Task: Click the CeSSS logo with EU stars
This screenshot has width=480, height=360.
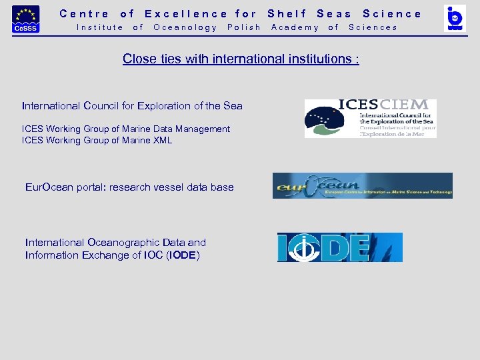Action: click(26, 19)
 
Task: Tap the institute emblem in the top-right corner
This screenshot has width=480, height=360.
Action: click(455, 18)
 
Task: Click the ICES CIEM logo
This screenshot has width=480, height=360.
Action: click(370, 119)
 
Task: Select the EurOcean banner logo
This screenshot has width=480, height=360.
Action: click(362, 186)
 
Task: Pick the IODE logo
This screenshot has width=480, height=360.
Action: click(339, 247)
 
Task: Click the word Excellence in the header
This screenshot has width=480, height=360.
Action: click(186, 13)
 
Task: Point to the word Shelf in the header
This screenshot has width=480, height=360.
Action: click(287, 13)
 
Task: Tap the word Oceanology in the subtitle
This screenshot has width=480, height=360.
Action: click(185, 27)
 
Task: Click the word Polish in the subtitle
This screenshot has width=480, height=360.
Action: click(244, 27)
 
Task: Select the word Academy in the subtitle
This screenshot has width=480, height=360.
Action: click(295, 27)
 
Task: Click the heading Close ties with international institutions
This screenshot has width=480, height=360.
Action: click(241, 59)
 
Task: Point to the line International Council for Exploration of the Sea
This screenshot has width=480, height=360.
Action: click(132, 106)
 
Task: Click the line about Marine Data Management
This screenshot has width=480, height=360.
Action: click(126, 129)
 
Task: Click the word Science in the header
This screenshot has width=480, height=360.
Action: click(392, 13)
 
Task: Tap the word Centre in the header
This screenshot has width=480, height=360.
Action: click(84, 13)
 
